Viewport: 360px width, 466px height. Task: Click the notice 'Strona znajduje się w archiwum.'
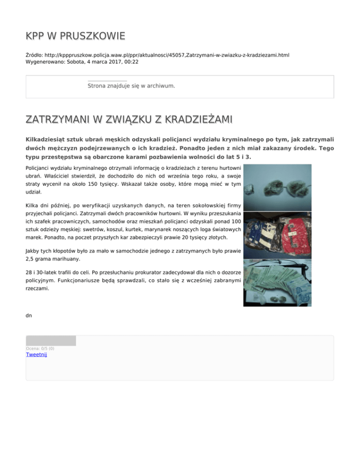click(x=131, y=86)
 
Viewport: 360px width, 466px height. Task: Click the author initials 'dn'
click(x=29, y=316)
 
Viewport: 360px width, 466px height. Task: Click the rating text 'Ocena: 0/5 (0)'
click(x=40, y=348)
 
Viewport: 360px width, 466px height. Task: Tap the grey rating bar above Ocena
click(x=51, y=341)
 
